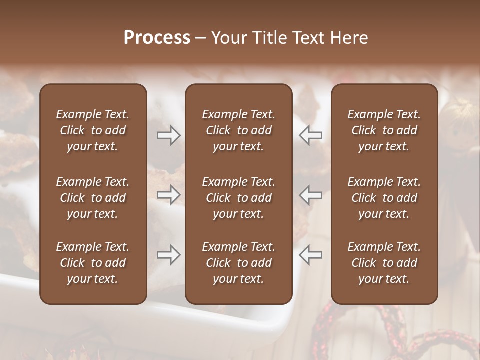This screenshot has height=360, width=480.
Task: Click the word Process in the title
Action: tap(157, 38)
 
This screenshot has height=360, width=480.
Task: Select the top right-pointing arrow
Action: tap(169, 135)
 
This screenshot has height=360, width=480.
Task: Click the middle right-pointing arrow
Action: tap(169, 195)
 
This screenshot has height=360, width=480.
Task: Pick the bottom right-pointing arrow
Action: tap(169, 255)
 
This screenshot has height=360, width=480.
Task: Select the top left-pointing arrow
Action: tap(311, 135)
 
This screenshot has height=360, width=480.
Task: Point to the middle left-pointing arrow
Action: tap(311, 195)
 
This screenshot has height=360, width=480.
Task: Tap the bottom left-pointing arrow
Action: tap(311, 255)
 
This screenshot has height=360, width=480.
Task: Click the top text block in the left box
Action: tap(93, 130)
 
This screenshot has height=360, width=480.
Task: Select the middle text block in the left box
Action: tap(93, 198)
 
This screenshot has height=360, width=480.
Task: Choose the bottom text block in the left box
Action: tap(93, 263)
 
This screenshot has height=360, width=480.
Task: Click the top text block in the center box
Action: tap(238, 130)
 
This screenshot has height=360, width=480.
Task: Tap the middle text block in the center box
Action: tap(238, 198)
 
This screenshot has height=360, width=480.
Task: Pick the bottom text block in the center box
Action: tap(238, 263)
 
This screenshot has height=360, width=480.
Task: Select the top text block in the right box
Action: tap(384, 130)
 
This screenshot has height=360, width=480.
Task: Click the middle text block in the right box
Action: tap(384, 198)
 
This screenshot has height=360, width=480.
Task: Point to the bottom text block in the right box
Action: tap(384, 263)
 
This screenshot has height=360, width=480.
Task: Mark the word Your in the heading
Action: tap(227, 38)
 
